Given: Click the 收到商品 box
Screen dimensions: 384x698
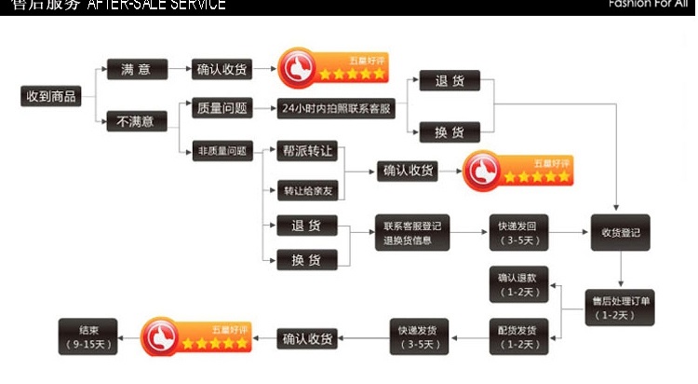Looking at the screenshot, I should pyautogui.click(x=50, y=96).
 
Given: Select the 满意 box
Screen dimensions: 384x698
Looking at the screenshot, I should pyautogui.click(x=137, y=69).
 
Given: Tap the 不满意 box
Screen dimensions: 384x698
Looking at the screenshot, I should pyautogui.click(x=136, y=121).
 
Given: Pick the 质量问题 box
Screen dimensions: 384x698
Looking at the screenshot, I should pyautogui.click(x=221, y=109).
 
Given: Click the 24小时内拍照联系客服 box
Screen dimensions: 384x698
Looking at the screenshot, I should pyautogui.click(x=337, y=109).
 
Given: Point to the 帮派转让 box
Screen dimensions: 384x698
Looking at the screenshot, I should pyautogui.click(x=306, y=151).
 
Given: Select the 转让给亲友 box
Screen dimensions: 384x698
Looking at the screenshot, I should pyautogui.click(x=306, y=191).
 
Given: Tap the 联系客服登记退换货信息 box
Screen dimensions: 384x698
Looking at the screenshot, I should pyautogui.click(x=411, y=234).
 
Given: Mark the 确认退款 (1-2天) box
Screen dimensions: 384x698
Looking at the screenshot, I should pyautogui.click(x=519, y=284).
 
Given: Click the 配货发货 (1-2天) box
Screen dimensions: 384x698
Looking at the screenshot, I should pyautogui.click(x=519, y=337).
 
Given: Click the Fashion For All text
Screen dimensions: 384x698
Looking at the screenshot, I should pyautogui.click(x=647, y=5).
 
